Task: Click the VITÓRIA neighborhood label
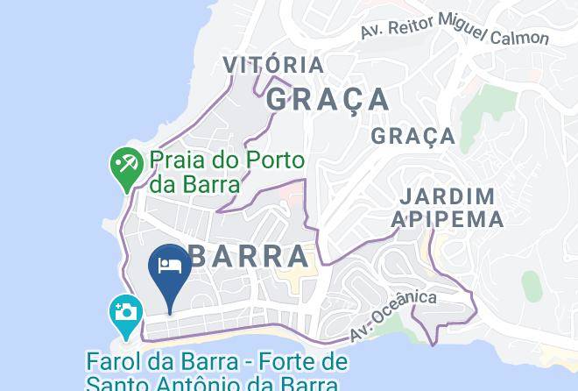(273, 65)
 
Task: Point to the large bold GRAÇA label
(327, 98)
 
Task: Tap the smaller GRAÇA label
(412, 136)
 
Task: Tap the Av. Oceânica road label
(392, 316)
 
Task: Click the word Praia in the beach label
(173, 161)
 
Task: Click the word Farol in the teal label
(111, 361)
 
